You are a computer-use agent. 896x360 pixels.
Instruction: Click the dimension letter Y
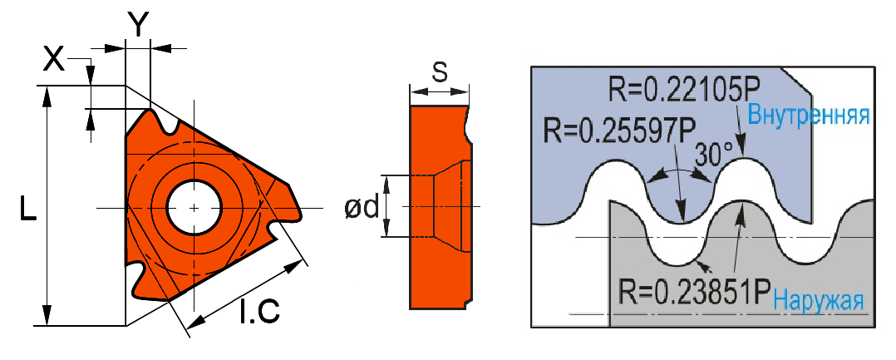click(x=137, y=25)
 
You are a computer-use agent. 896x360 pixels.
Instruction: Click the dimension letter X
click(x=54, y=58)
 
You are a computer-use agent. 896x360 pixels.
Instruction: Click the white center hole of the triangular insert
click(x=193, y=206)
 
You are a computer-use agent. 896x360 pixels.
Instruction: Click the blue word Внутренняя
click(x=809, y=116)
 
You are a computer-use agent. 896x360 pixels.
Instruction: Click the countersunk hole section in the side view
click(x=449, y=206)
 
